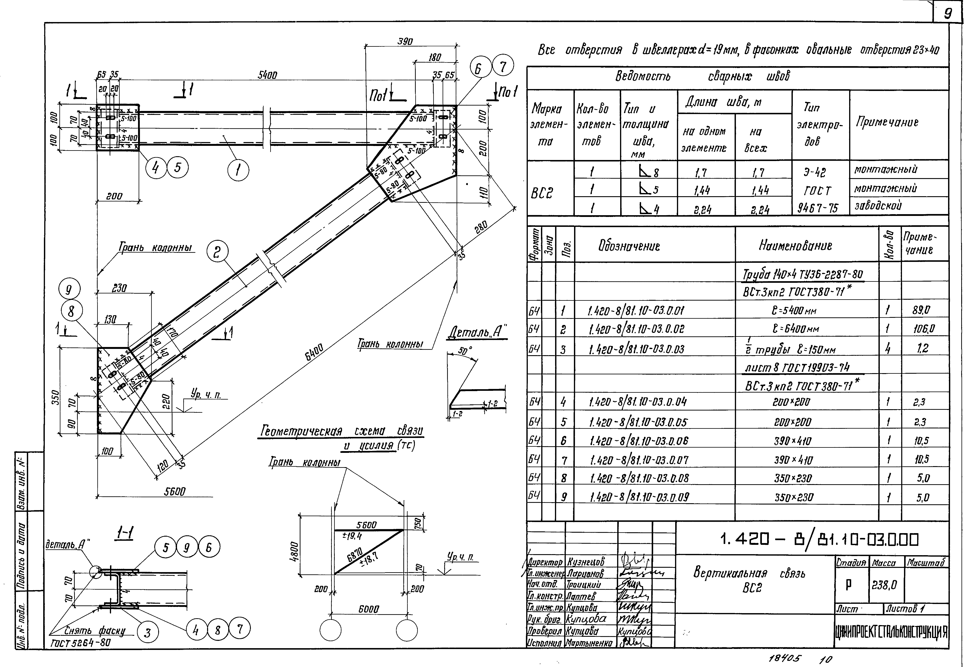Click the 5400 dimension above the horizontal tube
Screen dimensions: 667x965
pyautogui.click(x=267, y=75)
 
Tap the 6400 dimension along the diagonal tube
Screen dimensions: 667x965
pyautogui.click(x=314, y=352)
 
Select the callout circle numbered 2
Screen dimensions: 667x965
pyautogui.click(x=217, y=252)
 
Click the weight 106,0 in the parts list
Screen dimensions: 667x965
pyautogui.click(x=923, y=329)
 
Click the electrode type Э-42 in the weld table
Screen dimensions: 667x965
pyautogui.click(x=815, y=172)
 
